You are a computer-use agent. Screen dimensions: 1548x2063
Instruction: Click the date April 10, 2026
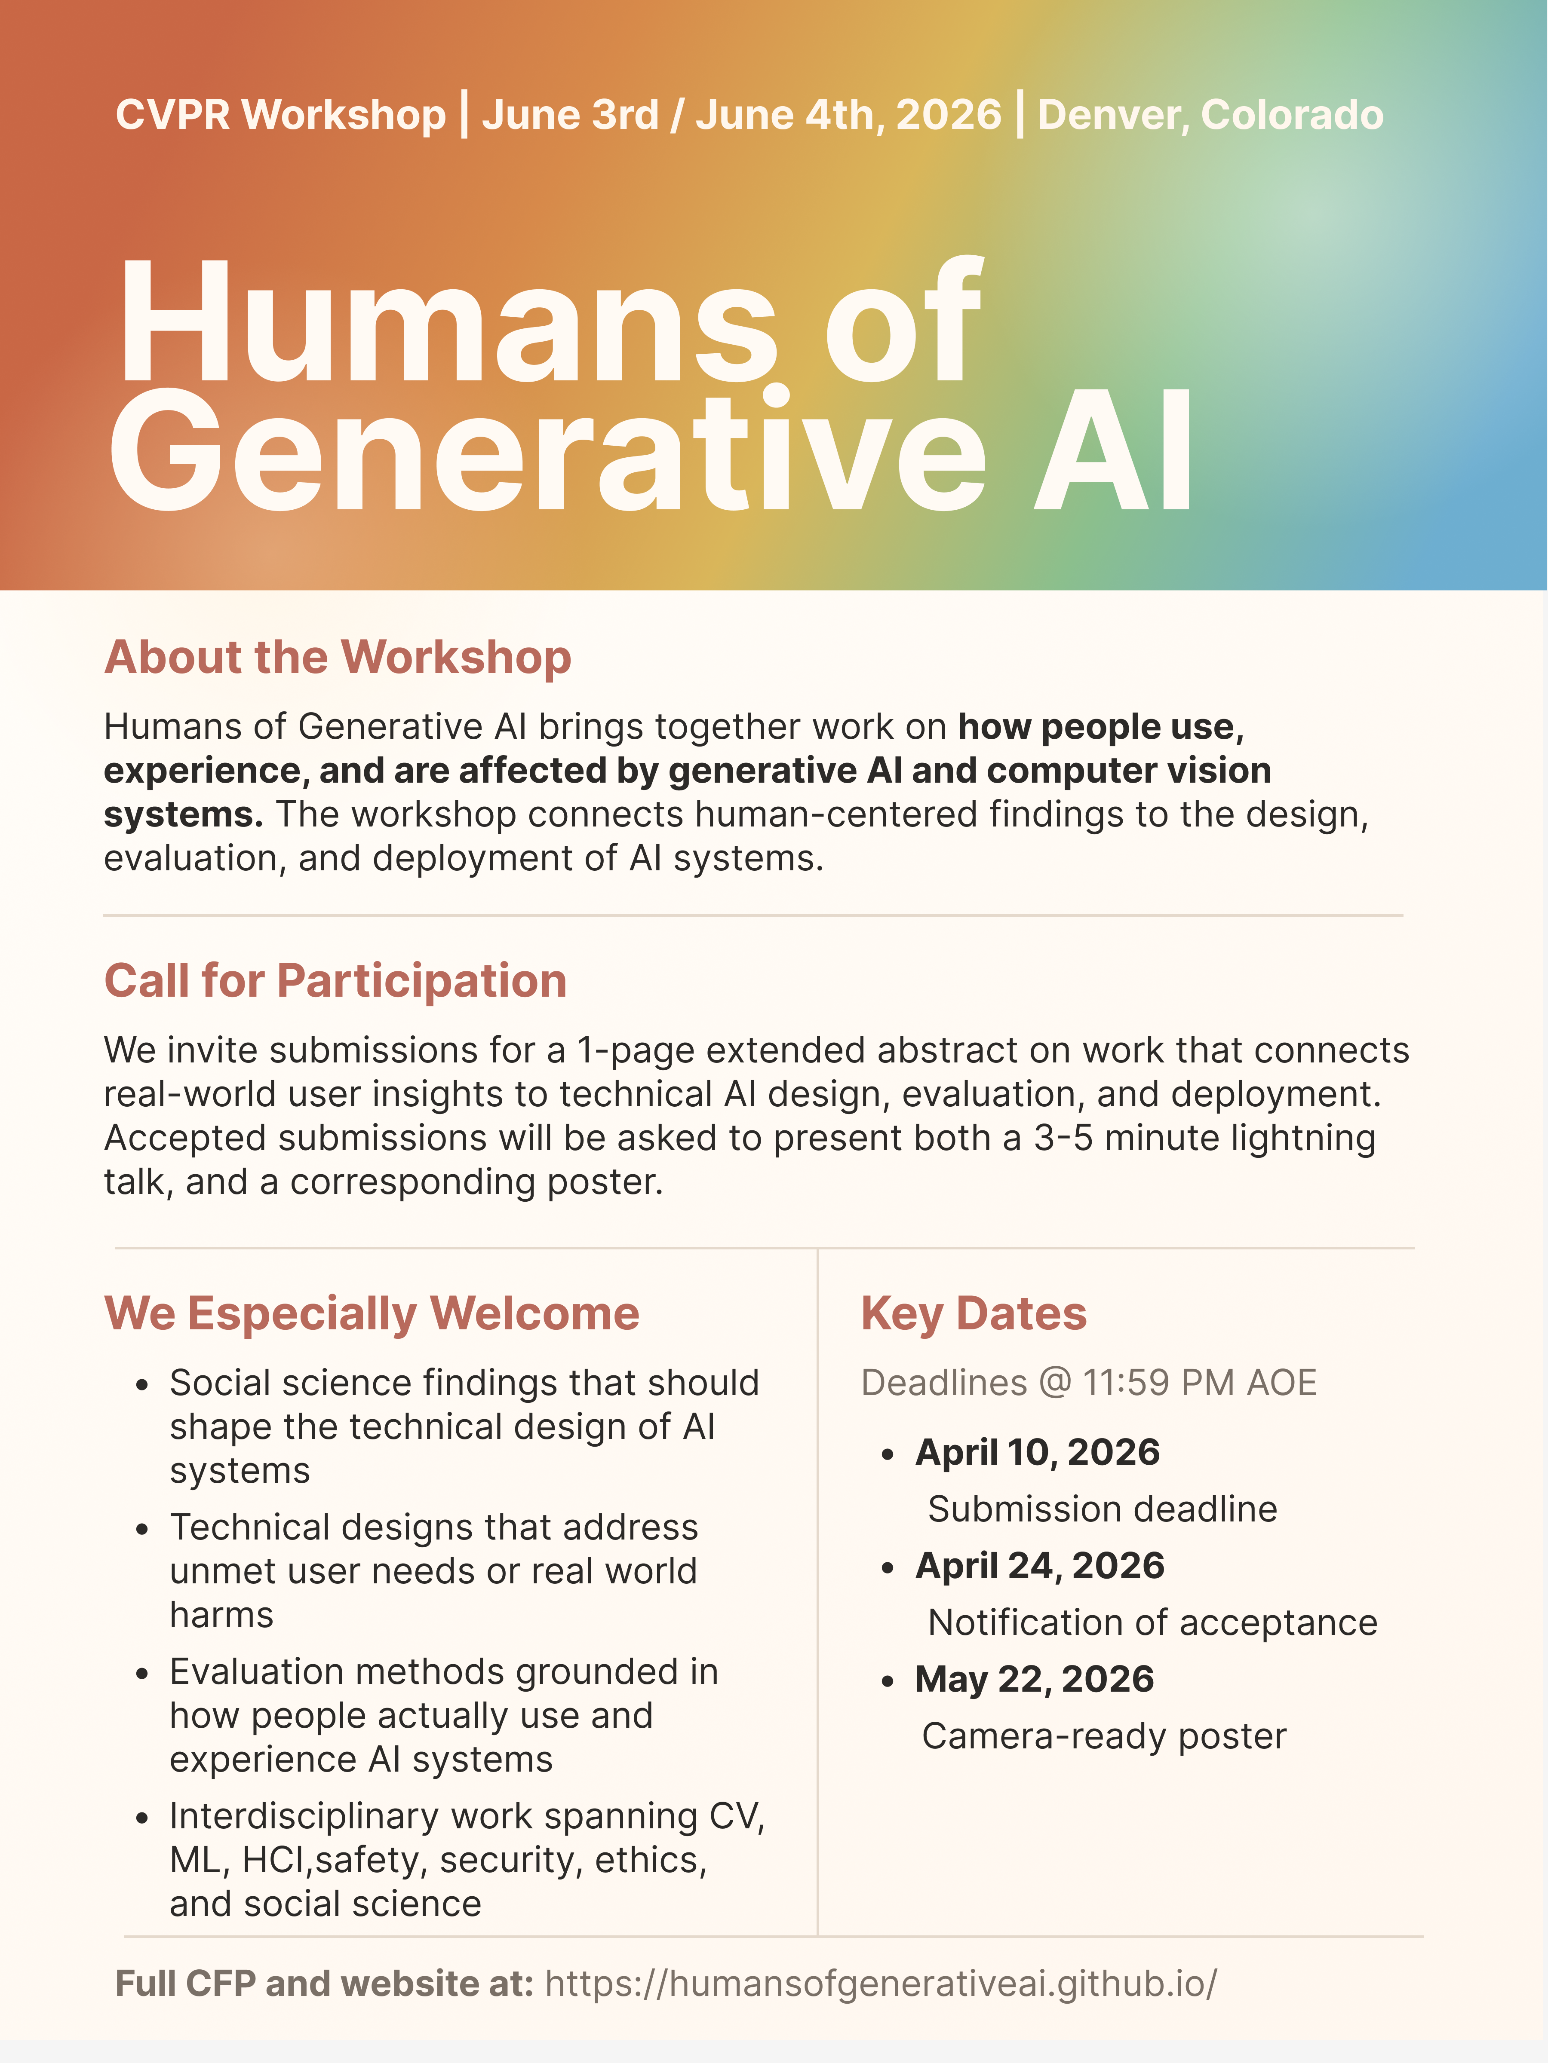coord(1038,1452)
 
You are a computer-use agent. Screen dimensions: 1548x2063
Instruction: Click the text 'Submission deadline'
coord(1102,1509)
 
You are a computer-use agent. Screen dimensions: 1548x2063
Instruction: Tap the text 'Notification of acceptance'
coord(1152,1623)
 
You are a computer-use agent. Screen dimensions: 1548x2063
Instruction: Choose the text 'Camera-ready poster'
coord(1104,1737)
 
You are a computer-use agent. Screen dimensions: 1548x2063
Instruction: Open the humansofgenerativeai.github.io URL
coord(881,1984)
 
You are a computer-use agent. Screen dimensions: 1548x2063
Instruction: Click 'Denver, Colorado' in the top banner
coord(1210,115)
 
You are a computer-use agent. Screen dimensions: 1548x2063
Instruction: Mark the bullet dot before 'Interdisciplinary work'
coord(142,1818)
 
